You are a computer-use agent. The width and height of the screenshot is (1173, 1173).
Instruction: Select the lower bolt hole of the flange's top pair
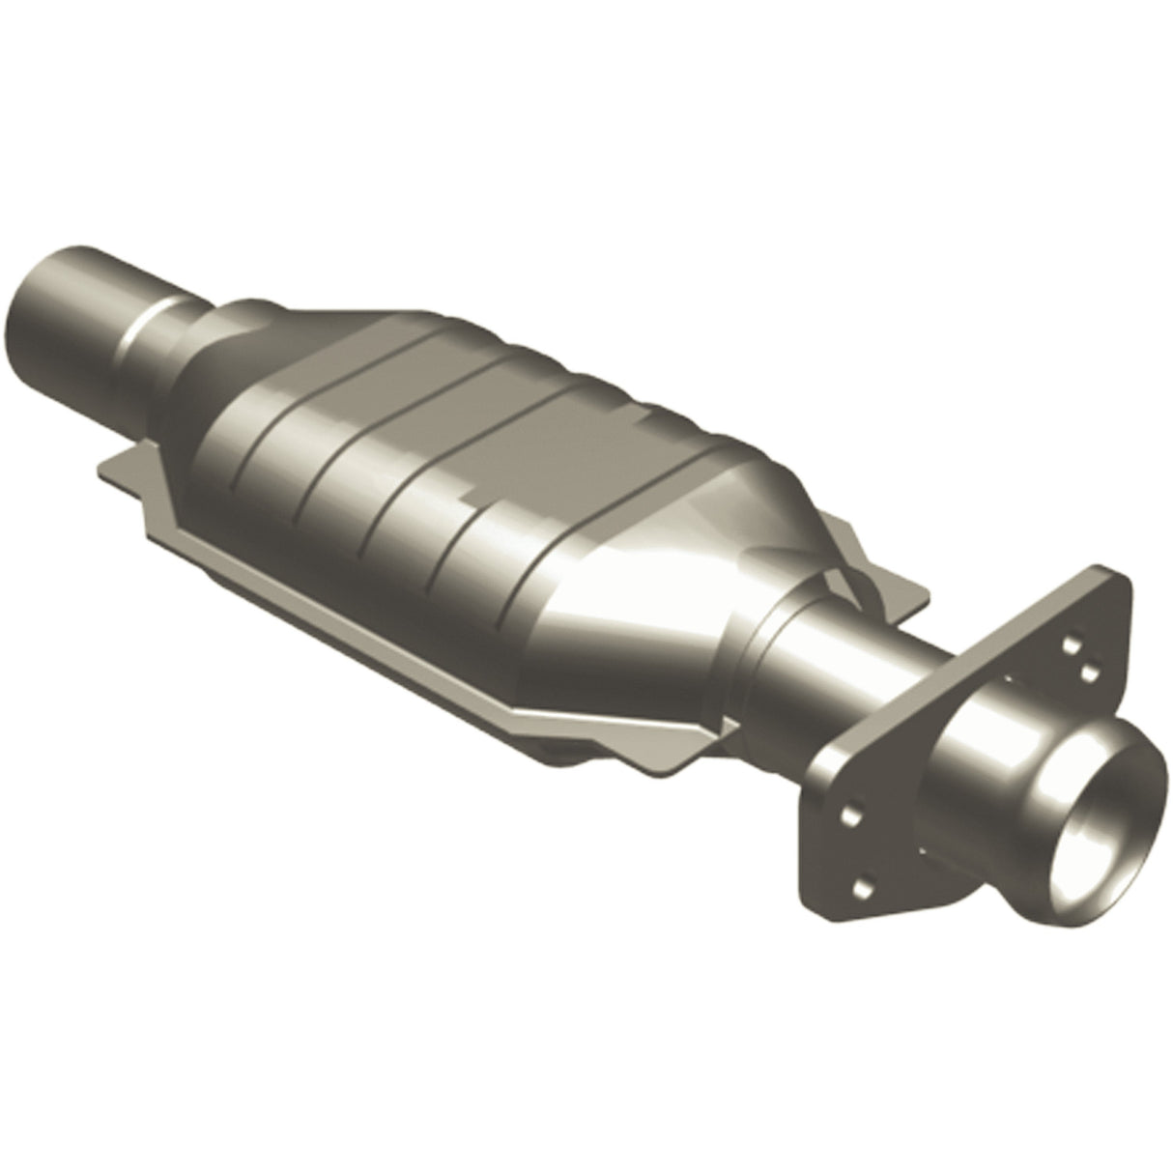click(1087, 669)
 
